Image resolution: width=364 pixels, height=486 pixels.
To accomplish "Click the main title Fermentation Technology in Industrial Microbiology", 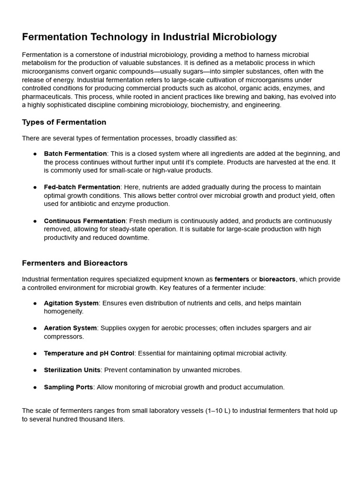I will tap(149, 37).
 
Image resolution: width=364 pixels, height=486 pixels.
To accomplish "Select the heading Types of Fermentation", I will tap(64, 122).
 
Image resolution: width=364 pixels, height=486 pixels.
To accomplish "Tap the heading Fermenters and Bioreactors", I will tap(74, 263).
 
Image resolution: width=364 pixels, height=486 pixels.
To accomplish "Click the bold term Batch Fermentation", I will tap(75, 154).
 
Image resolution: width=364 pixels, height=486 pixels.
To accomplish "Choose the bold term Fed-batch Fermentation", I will tap(82, 187).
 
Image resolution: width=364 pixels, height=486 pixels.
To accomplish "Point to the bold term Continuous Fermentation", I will tap(85, 221).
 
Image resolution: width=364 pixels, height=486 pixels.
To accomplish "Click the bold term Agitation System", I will tap(71, 303).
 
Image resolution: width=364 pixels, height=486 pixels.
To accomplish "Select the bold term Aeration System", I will tap(70, 328).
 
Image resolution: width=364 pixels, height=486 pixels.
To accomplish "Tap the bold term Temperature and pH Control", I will tap(89, 353).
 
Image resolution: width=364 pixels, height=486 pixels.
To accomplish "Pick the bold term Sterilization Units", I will tap(72, 370).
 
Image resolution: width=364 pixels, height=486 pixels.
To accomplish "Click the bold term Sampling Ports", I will tap(68, 387).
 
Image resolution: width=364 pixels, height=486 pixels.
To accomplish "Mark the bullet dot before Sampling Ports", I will tap(35, 387).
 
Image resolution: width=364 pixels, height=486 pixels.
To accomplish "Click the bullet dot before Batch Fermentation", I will tap(35, 154).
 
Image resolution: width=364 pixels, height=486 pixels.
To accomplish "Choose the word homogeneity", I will tap(64, 311).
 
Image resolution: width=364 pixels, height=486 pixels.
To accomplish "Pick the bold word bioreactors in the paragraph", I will tap(277, 279).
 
